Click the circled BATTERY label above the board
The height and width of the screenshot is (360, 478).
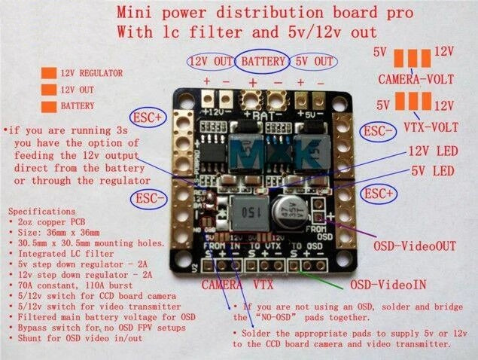coord(263,61)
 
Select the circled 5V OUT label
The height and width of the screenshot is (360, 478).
coord(312,61)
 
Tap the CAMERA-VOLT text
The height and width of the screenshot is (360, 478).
coord(416,78)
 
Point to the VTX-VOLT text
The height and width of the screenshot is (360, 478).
coord(416,121)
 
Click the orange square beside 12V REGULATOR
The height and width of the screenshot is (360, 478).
coord(48,74)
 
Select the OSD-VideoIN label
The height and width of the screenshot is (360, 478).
coord(388,286)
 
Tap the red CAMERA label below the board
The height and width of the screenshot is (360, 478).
coord(226,285)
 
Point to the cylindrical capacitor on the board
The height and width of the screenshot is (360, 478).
coord(290,209)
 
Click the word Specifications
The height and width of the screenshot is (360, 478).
coord(44,214)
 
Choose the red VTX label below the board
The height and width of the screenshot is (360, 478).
coord(263,285)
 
